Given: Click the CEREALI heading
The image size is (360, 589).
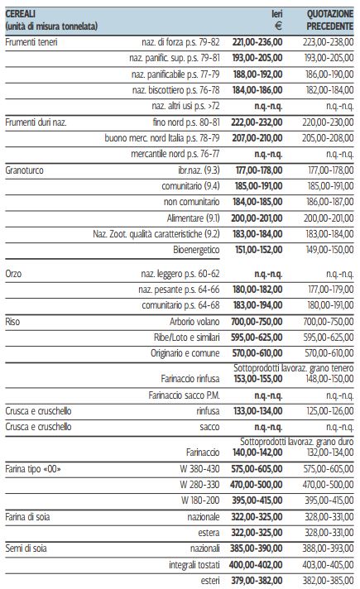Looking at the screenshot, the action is coord(21,14).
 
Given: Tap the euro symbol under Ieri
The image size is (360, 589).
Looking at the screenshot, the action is coord(278,26).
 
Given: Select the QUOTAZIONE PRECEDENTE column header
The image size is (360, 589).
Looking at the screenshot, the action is coord(330,20).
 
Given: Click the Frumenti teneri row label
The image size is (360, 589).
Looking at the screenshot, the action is coord(31,42).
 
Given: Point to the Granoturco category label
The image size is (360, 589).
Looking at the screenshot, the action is coord(25,170).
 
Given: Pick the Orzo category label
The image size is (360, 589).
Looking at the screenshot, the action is coord(13,274).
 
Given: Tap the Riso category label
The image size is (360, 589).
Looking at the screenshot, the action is coord(12,322).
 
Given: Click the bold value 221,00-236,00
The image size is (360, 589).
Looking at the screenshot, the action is coord(257,42).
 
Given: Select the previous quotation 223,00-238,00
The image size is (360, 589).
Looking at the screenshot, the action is coord(328,42).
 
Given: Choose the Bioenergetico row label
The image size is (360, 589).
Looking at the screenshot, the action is coord(196,250).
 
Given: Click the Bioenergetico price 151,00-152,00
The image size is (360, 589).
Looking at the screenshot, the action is coord(258,250).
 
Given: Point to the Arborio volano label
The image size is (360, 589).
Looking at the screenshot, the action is coord(194,322).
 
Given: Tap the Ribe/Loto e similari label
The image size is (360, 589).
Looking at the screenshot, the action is coord(187,338).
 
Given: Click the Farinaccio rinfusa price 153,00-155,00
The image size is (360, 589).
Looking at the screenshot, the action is coord(258,379).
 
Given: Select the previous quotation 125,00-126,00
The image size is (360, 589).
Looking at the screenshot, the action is coord(330,411).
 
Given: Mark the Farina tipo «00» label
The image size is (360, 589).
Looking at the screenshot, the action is coord(33,469).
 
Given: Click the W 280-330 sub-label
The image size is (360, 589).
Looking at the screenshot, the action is coord(199,485).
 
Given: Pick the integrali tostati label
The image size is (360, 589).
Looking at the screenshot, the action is coord(194,564).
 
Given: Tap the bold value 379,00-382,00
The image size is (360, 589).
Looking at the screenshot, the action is coord(257,581).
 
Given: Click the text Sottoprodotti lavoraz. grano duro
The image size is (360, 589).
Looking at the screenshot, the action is coord(297,442).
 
